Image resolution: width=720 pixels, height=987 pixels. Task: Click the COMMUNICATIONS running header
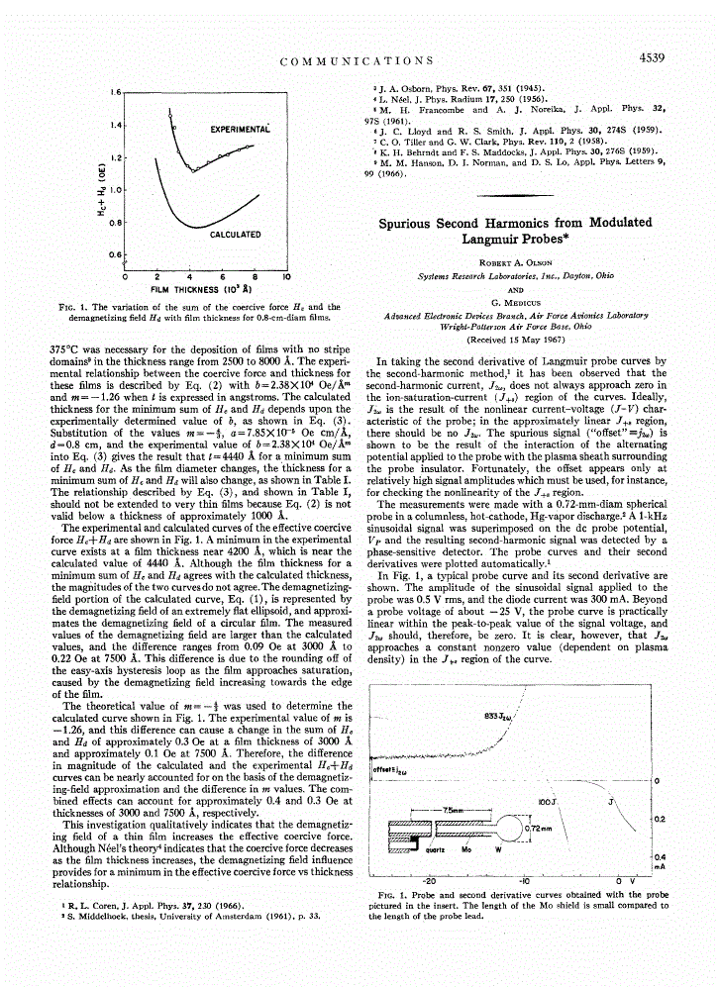357,61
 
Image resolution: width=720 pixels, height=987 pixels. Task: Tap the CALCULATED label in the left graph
235,235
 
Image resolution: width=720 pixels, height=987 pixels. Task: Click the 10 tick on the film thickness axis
286,276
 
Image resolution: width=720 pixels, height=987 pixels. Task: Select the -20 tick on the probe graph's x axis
430,879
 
